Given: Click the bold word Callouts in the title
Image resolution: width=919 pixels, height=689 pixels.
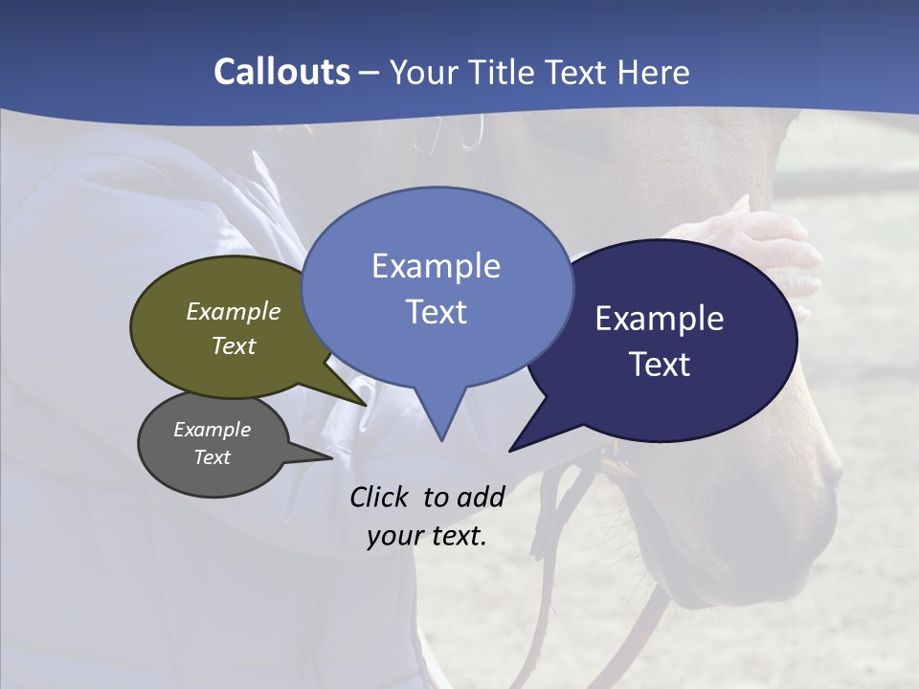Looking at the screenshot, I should tap(282, 72).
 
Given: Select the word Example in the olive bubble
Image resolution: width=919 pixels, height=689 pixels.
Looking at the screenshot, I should tap(234, 311).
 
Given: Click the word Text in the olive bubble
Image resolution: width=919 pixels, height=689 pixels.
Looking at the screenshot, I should tap(234, 345).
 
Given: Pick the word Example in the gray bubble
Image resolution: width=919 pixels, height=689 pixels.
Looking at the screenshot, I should tap(212, 430).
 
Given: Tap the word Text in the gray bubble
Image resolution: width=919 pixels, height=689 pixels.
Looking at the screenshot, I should tap(212, 457).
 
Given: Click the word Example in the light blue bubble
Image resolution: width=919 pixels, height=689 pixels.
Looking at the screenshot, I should tap(436, 266).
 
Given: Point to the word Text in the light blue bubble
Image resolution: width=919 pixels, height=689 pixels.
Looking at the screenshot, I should tap(436, 312).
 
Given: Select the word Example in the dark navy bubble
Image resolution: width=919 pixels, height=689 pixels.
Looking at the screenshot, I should tap(660, 319).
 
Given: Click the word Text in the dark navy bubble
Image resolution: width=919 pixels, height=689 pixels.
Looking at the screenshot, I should tap(660, 365).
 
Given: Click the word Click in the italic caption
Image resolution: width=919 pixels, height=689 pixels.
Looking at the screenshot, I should tap(380, 497).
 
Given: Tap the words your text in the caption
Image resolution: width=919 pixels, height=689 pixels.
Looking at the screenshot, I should tap(426, 536).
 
